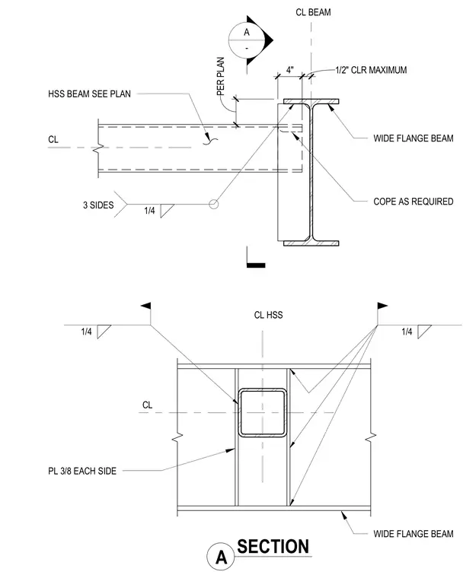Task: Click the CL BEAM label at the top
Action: [313, 12]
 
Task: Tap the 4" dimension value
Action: [290, 70]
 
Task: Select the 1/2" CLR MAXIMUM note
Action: [371, 70]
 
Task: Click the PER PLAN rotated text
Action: [220, 76]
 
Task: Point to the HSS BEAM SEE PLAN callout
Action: [89, 94]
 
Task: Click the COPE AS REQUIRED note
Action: [414, 202]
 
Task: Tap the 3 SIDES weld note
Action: [98, 205]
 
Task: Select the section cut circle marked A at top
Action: [247, 40]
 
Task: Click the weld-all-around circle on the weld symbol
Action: [214, 204]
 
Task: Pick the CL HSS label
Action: [268, 315]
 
